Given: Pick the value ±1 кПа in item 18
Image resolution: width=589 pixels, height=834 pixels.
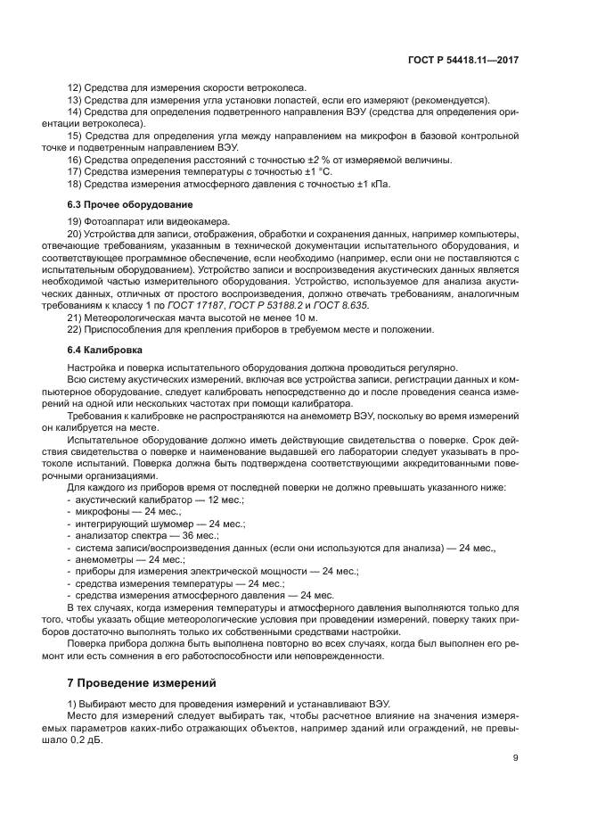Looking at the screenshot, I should pyautogui.click(x=372, y=183).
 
